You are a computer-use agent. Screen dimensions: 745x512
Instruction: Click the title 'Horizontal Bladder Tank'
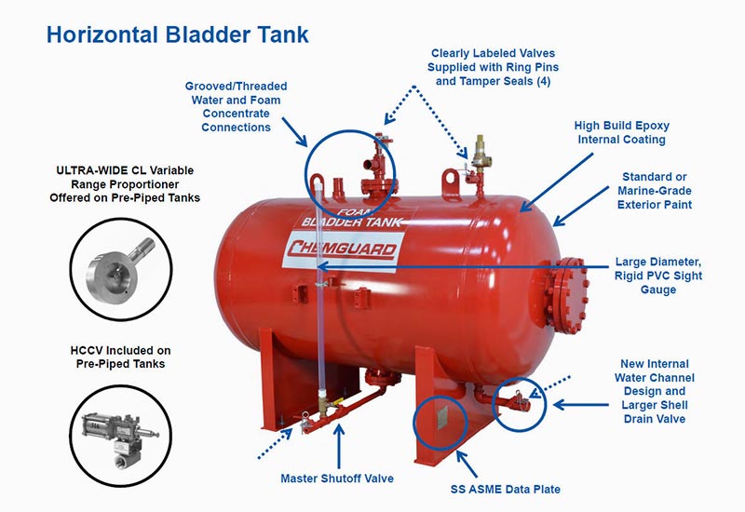click(x=178, y=34)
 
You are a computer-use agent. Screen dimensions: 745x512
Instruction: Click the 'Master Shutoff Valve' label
click(x=337, y=478)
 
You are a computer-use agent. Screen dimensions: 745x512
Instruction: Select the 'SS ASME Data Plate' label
click(x=506, y=490)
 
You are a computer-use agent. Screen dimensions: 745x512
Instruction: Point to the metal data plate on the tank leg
click(x=442, y=418)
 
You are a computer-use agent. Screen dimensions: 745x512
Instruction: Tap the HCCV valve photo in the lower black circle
click(x=121, y=436)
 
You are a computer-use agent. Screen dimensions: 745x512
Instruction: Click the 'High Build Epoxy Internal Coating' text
click(x=621, y=132)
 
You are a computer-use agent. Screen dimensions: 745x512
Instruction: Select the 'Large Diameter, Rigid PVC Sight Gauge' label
click(x=658, y=276)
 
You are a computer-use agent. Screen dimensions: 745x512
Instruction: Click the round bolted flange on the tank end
click(x=567, y=295)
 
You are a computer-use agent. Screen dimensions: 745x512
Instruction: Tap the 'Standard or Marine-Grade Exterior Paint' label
click(x=655, y=191)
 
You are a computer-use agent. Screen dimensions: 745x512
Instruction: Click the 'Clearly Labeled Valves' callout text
click(x=494, y=53)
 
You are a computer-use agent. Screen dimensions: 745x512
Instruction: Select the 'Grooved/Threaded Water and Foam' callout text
click(x=237, y=93)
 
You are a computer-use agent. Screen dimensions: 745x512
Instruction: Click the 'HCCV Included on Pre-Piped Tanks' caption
click(x=121, y=357)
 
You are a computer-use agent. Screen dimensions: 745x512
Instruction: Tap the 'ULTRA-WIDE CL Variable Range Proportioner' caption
click(x=125, y=177)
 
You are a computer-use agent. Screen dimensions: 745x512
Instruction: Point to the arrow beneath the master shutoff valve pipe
click(x=339, y=446)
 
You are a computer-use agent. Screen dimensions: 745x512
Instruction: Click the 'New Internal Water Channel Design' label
click(x=655, y=378)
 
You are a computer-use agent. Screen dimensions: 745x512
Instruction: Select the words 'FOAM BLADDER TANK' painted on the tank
click(x=352, y=218)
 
